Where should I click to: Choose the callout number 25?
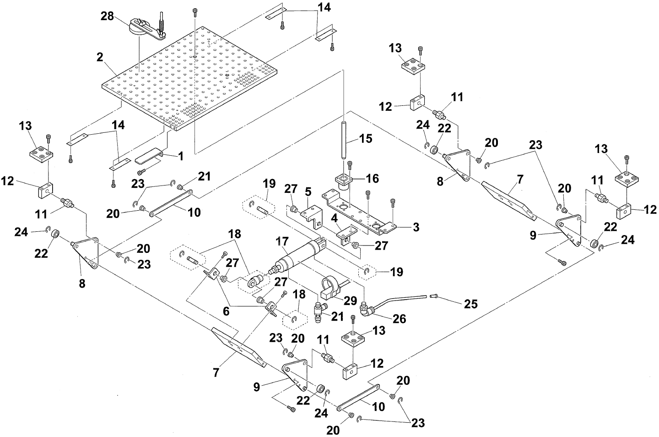471,304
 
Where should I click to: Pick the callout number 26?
399,318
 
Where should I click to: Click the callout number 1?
181,156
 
